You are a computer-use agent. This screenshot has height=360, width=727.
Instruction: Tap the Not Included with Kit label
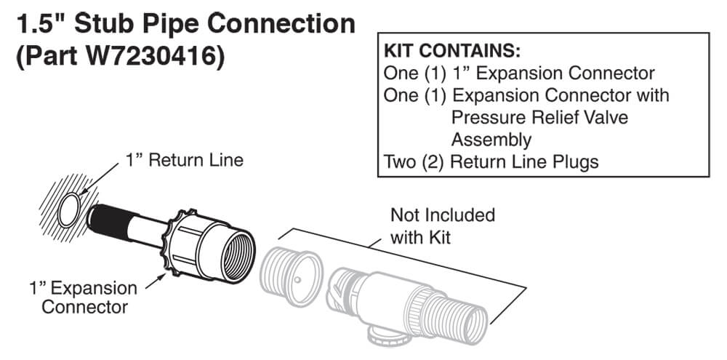click(442, 225)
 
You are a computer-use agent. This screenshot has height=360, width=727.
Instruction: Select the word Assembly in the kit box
click(491, 139)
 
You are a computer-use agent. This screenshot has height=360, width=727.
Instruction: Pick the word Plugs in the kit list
click(574, 161)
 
